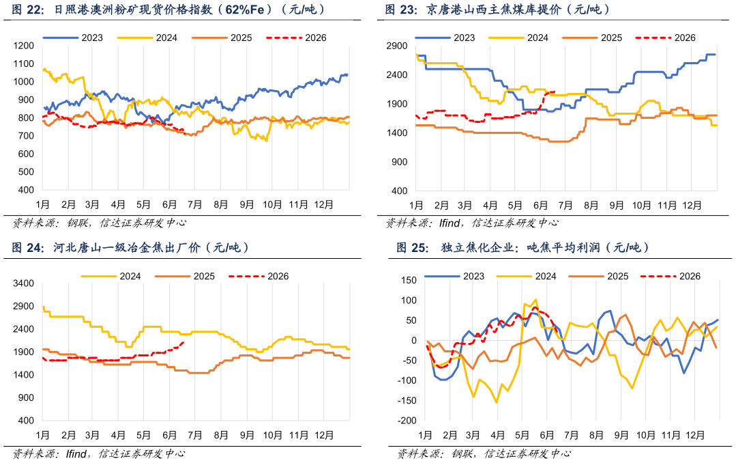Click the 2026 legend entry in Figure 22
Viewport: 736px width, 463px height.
[x=296, y=38]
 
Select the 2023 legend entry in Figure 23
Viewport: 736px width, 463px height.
[x=445, y=38]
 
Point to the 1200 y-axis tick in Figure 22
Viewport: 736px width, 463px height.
[x=24, y=46]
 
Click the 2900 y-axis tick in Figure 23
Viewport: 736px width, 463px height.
[x=397, y=46]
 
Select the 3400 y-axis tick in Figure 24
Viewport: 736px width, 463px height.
[x=24, y=283]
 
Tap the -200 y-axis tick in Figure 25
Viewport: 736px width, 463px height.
[x=407, y=421]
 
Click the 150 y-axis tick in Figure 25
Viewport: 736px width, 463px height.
[x=409, y=280]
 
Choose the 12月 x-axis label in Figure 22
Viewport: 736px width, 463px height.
[x=323, y=205]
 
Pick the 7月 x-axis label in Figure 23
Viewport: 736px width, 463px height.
[x=565, y=206]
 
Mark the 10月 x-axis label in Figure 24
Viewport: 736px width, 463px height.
[x=272, y=435]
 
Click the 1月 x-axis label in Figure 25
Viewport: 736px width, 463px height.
[x=425, y=436]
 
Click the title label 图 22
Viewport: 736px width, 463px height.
[x=28, y=10]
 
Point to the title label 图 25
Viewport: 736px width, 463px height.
[x=413, y=248]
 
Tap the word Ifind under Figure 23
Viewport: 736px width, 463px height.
[x=450, y=223]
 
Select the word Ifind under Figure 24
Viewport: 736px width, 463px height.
[x=76, y=454]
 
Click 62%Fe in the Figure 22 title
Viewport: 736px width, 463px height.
[x=245, y=10]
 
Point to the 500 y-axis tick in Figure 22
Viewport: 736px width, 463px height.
[x=27, y=172]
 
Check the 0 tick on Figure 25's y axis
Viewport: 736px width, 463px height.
[x=414, y=340]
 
